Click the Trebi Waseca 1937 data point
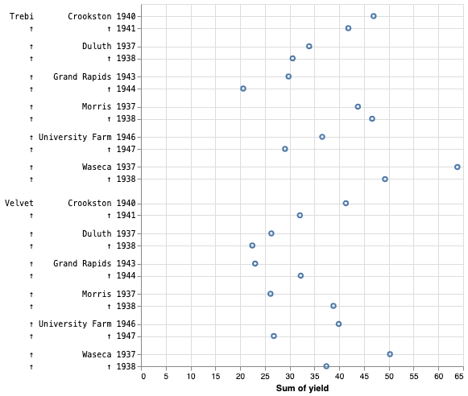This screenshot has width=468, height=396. click(x=458, y=167)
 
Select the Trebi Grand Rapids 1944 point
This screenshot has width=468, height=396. click(x=243, y=89)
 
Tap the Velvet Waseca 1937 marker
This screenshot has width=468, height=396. click(x=390, y=354)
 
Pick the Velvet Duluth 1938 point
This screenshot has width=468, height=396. click(x=252, y=245)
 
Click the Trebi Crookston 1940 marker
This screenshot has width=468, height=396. click(x=374, y=16)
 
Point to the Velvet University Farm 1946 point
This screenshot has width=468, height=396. click(x=338, y=324)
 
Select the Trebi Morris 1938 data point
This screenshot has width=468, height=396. click(x=372, y=118)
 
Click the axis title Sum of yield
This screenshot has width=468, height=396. click(x=302, y=389)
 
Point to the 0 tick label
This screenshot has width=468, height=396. click(x=143, y=377)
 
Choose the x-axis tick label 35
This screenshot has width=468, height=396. click(x=316, y=377)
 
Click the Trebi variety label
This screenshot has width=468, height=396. click(x=22, y=16)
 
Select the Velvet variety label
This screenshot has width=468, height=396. click(x=19, y=203)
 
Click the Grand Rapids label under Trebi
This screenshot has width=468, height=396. click(x=82, y=76)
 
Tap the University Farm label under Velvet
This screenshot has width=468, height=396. click(x=75, y=324)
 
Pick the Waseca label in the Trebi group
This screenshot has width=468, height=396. click(x=97, y=167)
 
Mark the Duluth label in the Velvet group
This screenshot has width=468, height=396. click(x=97, y=233)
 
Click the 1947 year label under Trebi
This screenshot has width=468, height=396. click(x=126, y=149)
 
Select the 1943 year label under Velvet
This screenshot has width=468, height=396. click(x=126, y=263)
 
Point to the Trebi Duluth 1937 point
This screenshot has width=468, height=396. click(x=309, y=46)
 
